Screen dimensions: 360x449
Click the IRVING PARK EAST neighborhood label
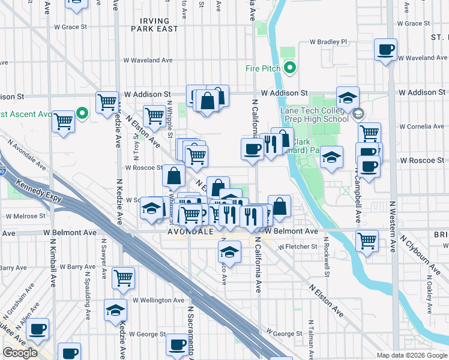(154, 24)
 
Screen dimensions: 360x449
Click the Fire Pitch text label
(263, 68)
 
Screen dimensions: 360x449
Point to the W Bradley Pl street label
(328, 42)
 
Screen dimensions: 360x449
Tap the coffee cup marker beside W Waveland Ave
(385, 49)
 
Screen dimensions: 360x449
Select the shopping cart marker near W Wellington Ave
(123, 278)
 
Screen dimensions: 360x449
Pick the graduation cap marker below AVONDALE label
(229, 251)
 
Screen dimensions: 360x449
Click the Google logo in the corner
(20, 353)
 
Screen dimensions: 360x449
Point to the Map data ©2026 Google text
(412, 355)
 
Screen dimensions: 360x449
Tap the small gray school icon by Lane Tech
(358, 113)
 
